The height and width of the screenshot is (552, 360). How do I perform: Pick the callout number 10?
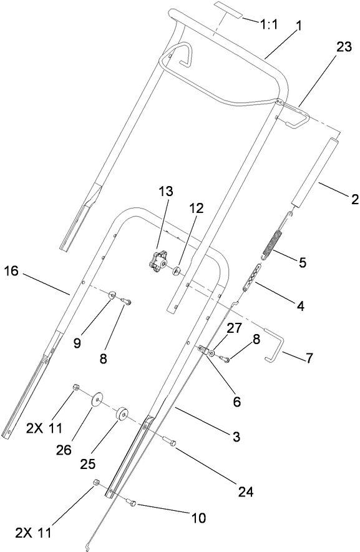point(198,518)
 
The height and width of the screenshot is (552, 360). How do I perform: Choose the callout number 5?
point(302,262)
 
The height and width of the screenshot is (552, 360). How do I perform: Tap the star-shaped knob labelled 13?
point(159,261)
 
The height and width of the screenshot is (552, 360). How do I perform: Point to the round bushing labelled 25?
point(120,415)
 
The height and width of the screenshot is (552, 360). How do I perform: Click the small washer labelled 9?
point(114,295)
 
